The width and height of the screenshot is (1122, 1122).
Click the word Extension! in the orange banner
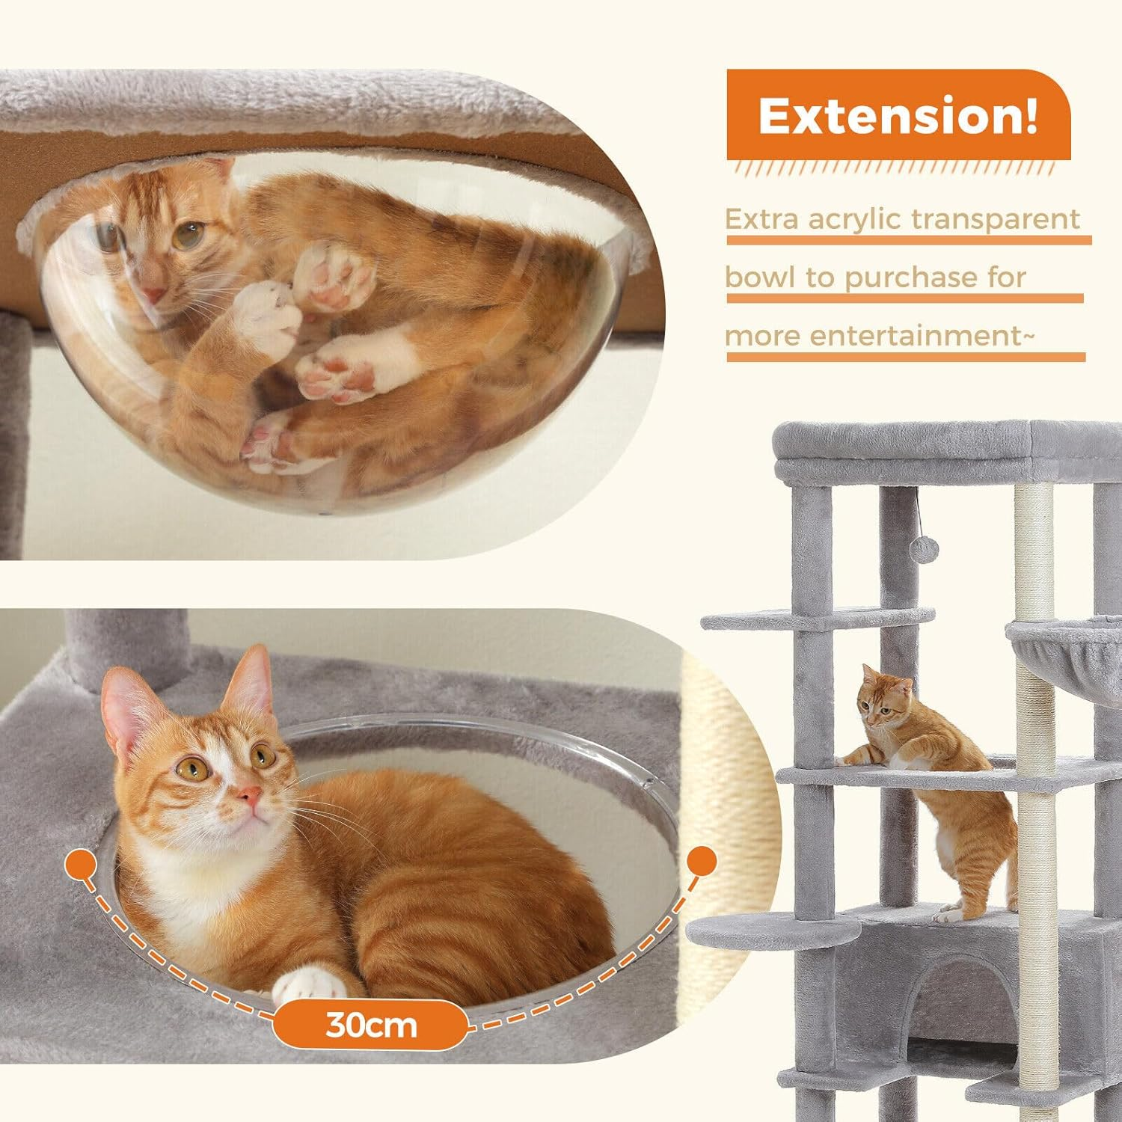click(898, 116)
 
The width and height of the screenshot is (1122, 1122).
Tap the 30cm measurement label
click(371, 1024)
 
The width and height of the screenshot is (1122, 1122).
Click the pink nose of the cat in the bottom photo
click(249, 795)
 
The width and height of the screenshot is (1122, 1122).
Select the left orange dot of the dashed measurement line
click(81, 866)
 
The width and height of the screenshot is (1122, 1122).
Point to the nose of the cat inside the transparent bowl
click(153, 294)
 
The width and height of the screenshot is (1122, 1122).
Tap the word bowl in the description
click(760, 278)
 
